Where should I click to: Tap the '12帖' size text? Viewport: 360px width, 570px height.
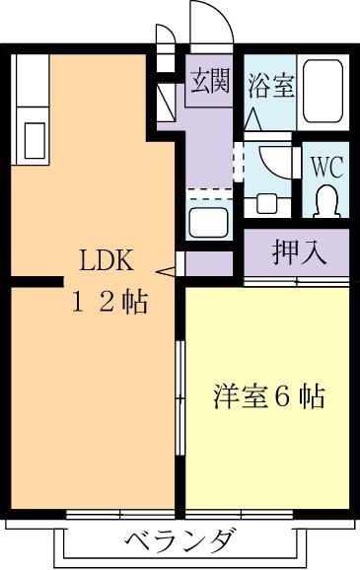pos(108,303)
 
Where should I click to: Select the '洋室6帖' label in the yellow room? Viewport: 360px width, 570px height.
pos(269,397)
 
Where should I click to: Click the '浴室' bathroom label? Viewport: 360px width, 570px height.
pos(269,86)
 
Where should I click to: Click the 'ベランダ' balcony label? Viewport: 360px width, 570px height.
pos(180,541)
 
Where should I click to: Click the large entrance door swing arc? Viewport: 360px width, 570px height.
pos(210,22)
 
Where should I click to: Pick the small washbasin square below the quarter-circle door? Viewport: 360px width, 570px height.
pos(265,202)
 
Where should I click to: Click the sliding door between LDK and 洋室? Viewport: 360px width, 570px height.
pos(180,397)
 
